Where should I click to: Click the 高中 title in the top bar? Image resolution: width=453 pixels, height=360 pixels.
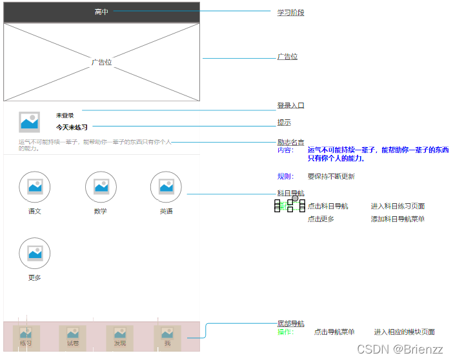tap(101, 12)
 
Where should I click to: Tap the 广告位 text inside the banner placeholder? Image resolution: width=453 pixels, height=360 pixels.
tap(101, 63)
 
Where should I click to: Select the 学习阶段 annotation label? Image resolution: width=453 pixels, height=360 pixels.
tap(290, 12)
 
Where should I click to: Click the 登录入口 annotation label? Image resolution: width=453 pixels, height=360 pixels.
tap(290, 105)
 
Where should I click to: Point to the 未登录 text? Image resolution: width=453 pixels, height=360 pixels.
tap(65, 115)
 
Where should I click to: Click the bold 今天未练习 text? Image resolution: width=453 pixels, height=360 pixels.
tap(72, 127)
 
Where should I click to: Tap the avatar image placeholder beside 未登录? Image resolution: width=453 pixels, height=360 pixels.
tap(30, 122)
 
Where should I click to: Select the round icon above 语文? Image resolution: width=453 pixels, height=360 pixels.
tap(35, 187)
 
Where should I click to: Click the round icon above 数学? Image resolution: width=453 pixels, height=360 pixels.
tap(101, 187)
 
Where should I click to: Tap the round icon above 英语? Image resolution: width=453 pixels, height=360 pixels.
tap(166, 187)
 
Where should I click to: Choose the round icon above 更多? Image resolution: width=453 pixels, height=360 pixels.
tap(35, 254)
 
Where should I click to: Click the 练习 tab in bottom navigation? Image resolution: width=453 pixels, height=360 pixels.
tap(26, 337)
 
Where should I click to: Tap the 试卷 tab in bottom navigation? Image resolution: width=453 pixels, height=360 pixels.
tap(72, 337)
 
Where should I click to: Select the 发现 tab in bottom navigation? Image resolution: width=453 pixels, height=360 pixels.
tap(120, 337)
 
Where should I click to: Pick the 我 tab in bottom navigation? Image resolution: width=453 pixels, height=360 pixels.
tap(167, 337)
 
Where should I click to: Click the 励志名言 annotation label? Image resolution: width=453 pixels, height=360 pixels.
tap(290, 142)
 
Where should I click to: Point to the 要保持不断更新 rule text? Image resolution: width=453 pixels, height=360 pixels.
tap(331, 176)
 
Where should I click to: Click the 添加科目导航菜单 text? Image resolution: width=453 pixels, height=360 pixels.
tap(398, 219)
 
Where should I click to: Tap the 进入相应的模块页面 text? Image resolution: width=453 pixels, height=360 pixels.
tap(404, 332)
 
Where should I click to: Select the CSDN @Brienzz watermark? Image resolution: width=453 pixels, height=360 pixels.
tap(400, 349)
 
